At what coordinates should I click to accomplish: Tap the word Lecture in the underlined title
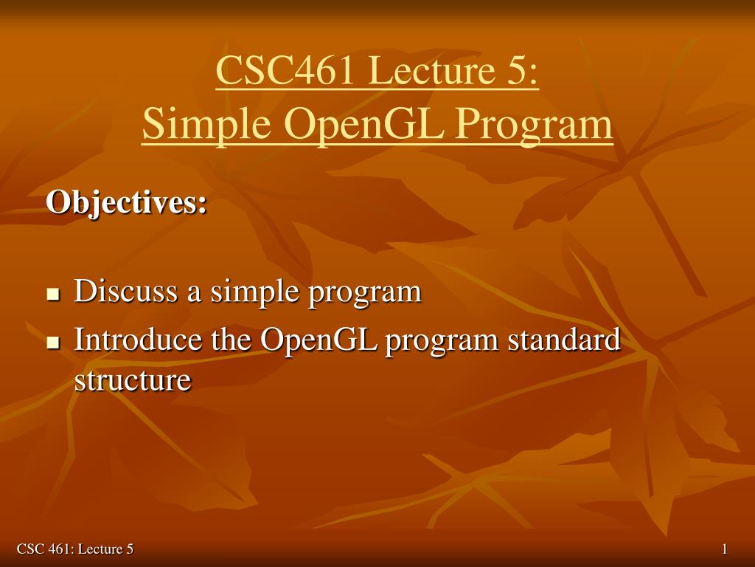[x=432, y=70]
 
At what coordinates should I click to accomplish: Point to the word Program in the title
[x=535, y=124]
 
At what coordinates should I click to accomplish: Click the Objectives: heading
[x=127, y=202]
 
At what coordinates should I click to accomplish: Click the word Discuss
[x=125, y=291]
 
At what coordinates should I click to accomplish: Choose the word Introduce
[x=138, y=339]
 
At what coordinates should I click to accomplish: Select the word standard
[x=564, y=339]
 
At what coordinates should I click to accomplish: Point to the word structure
[x=133, y=381]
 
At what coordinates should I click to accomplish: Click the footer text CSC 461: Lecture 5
[x=75, y=549]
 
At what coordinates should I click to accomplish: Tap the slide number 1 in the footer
[x=725, y=549]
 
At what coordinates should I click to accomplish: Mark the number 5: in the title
[x=524, y=70]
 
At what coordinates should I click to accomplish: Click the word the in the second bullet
[x=231, y=339]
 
